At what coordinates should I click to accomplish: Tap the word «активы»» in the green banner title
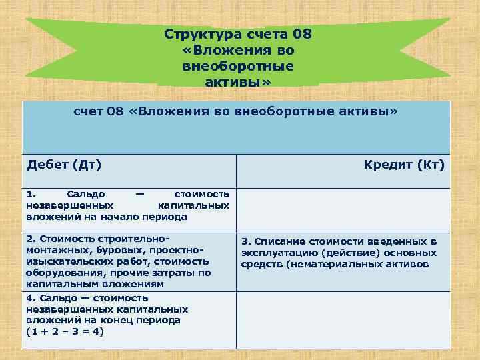click(x=238, y=82)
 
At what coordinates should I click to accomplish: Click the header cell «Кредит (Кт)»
click(x=404, y=164)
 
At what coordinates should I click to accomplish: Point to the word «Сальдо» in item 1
click(x=86, y=194)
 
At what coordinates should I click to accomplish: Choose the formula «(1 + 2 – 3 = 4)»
click(x=65, y=332)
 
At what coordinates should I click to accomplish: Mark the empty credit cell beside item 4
click(x=344, y=320)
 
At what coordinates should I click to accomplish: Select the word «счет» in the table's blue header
click(x=88, y=113)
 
